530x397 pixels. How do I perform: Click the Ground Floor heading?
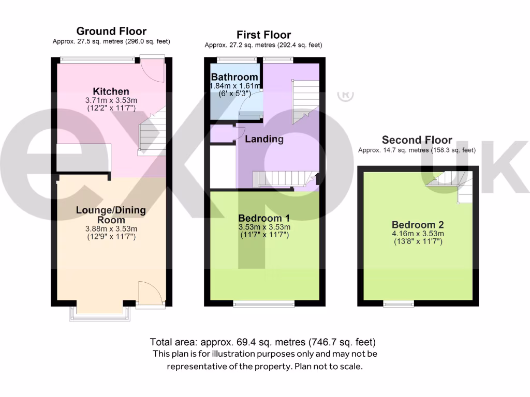coord(111,32)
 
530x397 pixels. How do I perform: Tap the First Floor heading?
coord(263,35)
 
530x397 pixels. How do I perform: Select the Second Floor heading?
coord(417,140)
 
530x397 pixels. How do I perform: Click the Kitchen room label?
coord(111,91)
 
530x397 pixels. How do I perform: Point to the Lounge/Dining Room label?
coord(111,215)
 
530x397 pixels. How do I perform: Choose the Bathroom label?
coord(234,77)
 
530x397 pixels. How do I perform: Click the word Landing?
coord(264,139)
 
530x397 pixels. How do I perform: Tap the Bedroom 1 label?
coord(263,218)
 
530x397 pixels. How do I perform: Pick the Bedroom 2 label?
coord(417,225)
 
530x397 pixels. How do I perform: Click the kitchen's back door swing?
coord(154,72)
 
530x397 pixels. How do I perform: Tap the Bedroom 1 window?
coord(264,303)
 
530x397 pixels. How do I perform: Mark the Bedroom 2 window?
coord(399,303)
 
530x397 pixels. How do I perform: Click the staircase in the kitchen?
coord(152,132)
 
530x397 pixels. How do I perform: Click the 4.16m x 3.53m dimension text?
coord(417,234)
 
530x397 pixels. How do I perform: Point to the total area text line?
coord(262,342)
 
